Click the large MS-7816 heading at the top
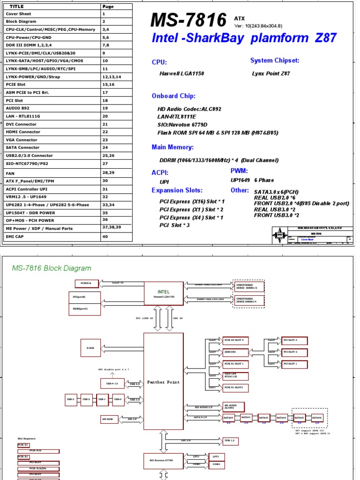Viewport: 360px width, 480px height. click(189, 21)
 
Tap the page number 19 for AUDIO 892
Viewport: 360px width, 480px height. click(105, 108)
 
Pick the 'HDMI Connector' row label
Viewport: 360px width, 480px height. click(23, 132)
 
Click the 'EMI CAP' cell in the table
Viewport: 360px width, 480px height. click(15, 237)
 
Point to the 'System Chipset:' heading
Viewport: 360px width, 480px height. click(275, 60)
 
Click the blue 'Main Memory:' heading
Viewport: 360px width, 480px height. click(172, 147)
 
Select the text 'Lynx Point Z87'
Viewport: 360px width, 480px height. click(271, 74)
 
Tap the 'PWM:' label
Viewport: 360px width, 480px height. click(239, 171)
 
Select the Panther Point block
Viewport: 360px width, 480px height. click(163, 381)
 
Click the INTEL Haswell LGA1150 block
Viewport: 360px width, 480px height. click(163, 294)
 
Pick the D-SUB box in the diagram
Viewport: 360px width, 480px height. click(90, 347)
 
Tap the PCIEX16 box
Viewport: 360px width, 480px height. click(86, 283)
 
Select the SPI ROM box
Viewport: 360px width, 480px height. click(106, 419)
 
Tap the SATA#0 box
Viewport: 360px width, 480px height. click(228, 417)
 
